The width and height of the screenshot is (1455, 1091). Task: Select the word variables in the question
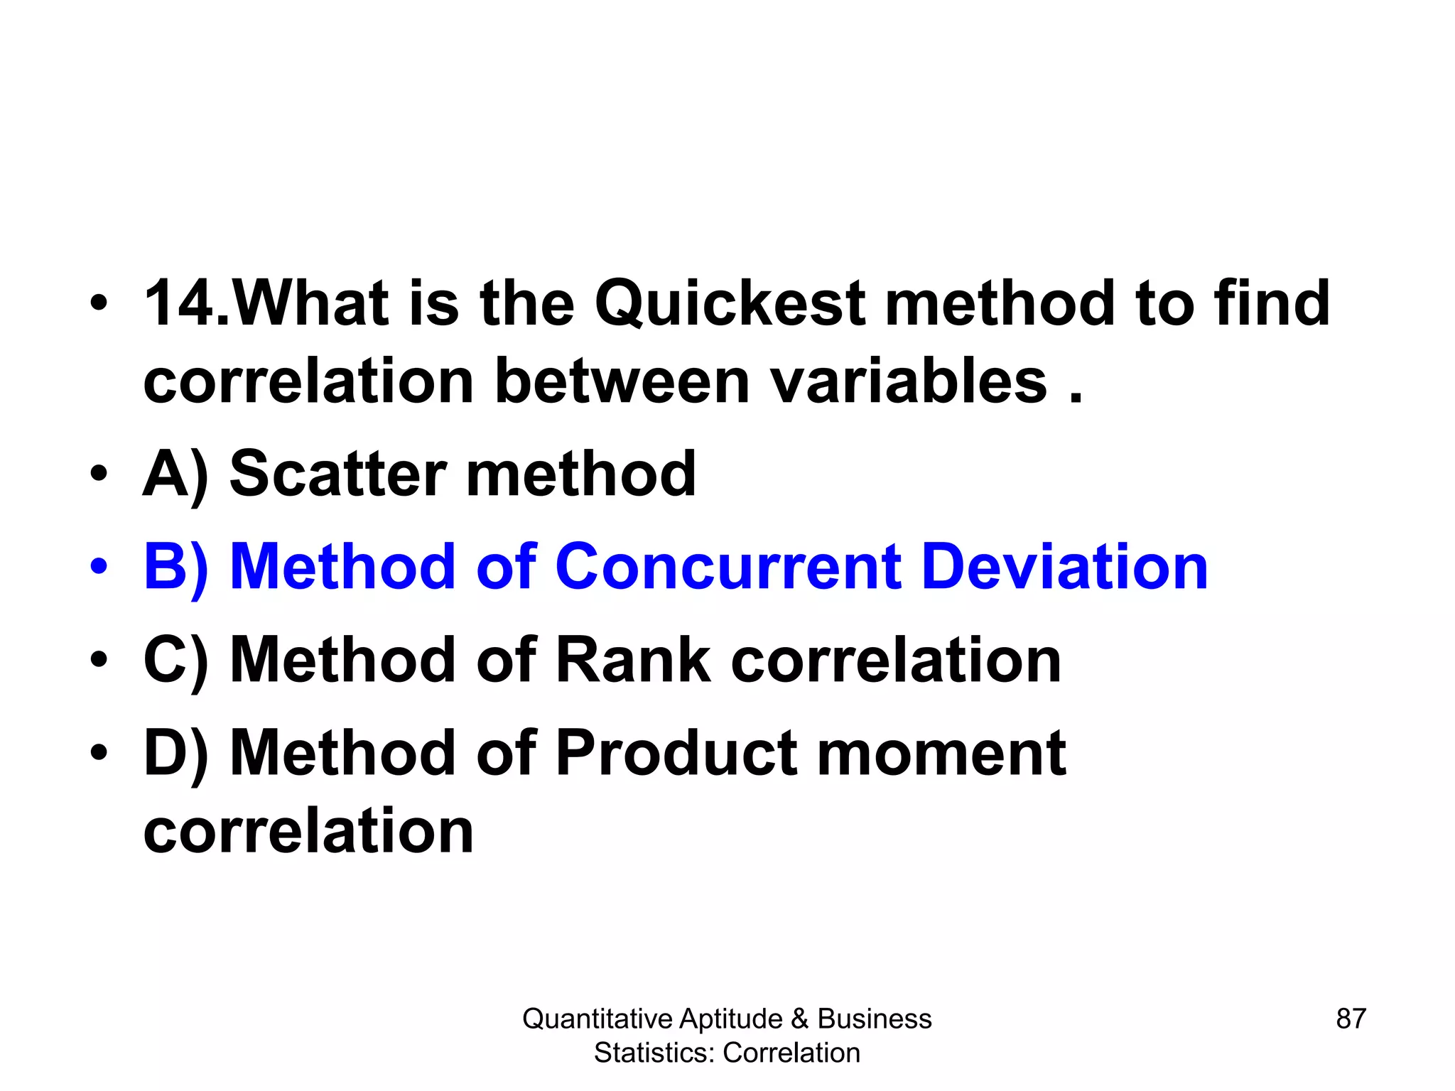(x=909, y=382)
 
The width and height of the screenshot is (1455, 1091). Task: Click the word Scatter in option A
(x=338, y=474)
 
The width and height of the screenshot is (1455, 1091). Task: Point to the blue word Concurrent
(x=728, y=567)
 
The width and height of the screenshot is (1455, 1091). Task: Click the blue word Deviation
(x=1065, y=567)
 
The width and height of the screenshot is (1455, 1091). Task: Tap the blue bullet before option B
(x=99, y=567)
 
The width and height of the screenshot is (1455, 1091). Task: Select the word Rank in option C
(x=632, y=661)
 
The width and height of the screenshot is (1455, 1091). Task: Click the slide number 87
(x=1351, y=1019)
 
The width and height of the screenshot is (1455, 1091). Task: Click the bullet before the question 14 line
(x=99, y=304)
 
